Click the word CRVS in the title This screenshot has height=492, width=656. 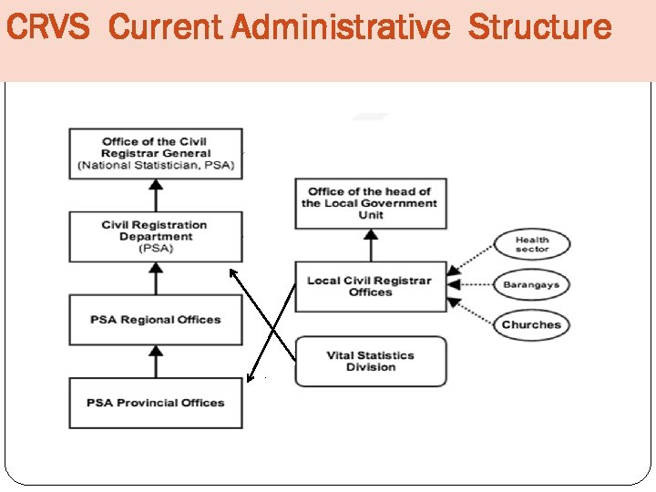point(47,27)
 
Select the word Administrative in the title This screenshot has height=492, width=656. point(340,27)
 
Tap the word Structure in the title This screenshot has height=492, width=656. point(539,27)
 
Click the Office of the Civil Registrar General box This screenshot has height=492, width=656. point(156,153)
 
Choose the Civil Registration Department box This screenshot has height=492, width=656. point(156,237)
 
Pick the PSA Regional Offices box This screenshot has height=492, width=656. point(156,320)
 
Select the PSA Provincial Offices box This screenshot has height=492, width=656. point(156,403)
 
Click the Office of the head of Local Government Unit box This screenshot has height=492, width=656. point(370,203)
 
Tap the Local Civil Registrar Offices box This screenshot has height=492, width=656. point(370,286)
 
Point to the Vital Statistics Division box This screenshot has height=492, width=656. point(370,361)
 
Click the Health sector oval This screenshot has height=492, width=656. point(532,244)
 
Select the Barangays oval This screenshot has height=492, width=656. point(531,284)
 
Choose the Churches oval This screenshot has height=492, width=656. point(531,324)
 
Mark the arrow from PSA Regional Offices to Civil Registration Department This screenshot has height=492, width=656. point(156,278)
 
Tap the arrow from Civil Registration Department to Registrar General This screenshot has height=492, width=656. point(156,195)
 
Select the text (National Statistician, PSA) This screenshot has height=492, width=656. point(156,166)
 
